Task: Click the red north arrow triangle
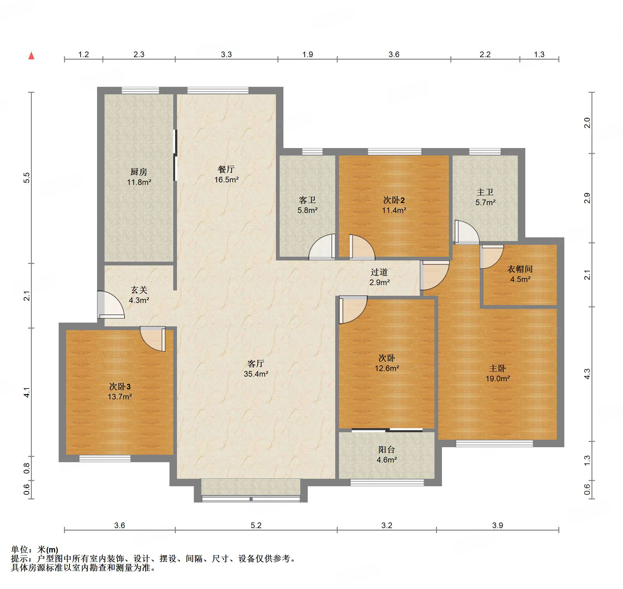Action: tap(32, 56)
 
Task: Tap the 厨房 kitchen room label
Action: tap(139, 172)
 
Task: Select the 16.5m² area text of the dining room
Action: tap(226, 180)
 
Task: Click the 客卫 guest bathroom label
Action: tap(307, 200)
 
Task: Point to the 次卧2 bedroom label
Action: tap(394, 200)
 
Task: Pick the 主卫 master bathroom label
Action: tap(485, 192)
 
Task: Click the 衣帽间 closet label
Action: tap(520, 269)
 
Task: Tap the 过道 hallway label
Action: tap(379, 272)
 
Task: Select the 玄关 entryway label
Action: tap(139, 290)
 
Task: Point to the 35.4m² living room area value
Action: tap(256, 374)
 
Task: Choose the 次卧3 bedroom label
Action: tap(120, 387)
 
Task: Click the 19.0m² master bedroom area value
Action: tap(498, 379)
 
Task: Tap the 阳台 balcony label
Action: tap(386, 450)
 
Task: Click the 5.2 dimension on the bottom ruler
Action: tap(256, 525)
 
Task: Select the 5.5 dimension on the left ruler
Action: tap(27, 178)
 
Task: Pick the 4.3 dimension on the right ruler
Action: tap(587, 374)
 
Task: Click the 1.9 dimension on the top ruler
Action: tap(307, 54)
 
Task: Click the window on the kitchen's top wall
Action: tap(140, 91)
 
